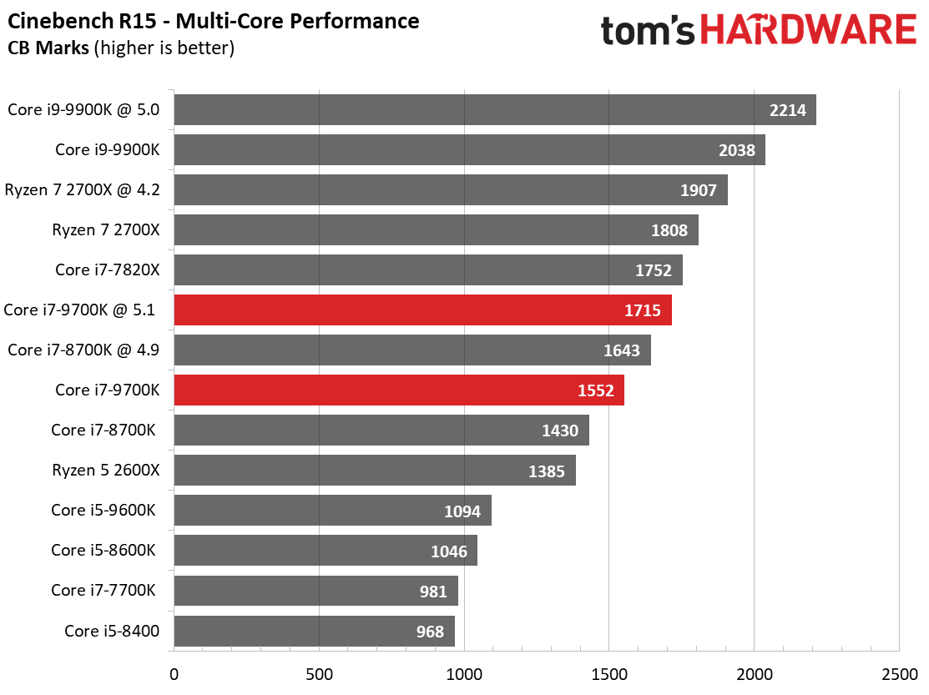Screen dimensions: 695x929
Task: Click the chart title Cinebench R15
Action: pyautogui.click(x=214, y=20)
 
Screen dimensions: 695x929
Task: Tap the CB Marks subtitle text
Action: pyautogui.click(x=121, y=48)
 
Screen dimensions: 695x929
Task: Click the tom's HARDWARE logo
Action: pyautogui.click(x=758, y=31)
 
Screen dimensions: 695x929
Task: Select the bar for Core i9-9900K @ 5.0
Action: pyautogui.click(x=494, y=109)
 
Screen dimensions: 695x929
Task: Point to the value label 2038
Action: pyautogui.click(x=737, y=150)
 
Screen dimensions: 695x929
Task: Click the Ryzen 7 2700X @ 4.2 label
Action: pyautogui.click(x=82, y=189)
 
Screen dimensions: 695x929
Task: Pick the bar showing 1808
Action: pyautogui.click(x=436, y=230)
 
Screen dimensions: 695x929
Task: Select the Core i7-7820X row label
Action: pyautogui.click(x=107, y=269)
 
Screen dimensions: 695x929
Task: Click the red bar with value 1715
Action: pyautogui.click(x=422, y=310)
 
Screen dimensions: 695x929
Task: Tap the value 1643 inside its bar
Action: pyautogui.click(x=622, y=350)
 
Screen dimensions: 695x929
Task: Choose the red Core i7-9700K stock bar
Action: pyautogui.click(x=399, y=390)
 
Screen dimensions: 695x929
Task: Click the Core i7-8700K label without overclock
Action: pyautogui.click(x=104, y=430)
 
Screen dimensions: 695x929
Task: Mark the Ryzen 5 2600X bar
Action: pyautogui.click(x=375, y=471)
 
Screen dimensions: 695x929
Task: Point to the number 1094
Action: pyautogui.click(x=463, y=511)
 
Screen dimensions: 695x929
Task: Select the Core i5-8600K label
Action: pyautogui.click(x=104, y=550)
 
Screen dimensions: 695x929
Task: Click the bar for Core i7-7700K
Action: pyautogui.click(x=316, y=591)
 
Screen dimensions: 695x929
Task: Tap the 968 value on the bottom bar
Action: pyautogui.click(x=430, y=632)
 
